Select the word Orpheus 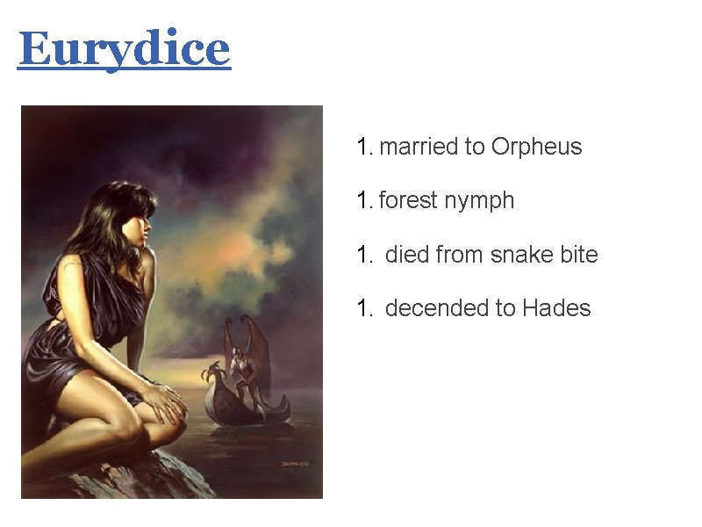click(x=536, y=147)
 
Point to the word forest click(x=409, y=201)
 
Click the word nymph click(x=479, y=201)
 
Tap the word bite click(x=579, y=256)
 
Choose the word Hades click(x=556, y=308)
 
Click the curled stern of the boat click(x=283, y=403)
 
